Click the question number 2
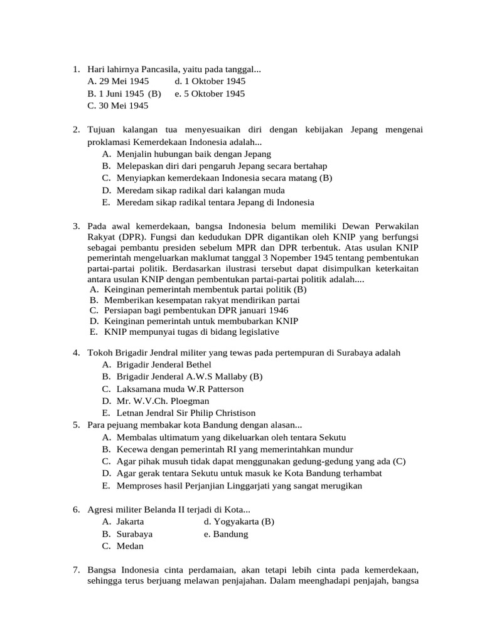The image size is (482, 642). [x=75, y=130]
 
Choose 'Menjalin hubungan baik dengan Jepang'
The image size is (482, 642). [x=193, y=154]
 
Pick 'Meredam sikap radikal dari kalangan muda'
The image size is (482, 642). [x=200, y=191]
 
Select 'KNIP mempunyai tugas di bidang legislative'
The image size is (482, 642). [x=191, y=332]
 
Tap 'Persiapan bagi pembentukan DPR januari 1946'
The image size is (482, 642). [x=196, y=310]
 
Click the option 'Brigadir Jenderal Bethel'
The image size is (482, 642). [x=164, y=365]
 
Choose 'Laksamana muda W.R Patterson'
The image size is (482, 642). [x=180, y=389]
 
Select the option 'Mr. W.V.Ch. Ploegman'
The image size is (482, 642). [x=163, y=401]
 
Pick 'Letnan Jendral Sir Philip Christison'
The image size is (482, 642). [x=186, y=413]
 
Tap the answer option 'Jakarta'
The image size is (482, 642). [x=130, y=522]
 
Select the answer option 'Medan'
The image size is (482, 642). [x=130, y=546]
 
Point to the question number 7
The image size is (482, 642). [x=75, y=571]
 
